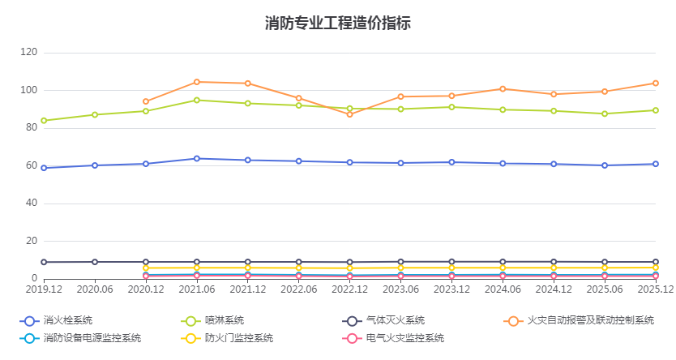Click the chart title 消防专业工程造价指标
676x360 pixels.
pos(337,23)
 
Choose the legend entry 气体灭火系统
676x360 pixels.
pos(395,320)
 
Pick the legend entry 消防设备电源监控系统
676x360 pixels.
pos(92,338)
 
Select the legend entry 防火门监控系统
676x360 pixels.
pos(238,338)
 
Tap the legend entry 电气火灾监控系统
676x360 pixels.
pos(404,338)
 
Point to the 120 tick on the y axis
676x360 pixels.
pos(29,53)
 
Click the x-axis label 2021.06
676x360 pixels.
pos(197,289)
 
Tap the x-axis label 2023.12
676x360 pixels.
pos(451,289)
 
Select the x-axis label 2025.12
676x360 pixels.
pos(655,289)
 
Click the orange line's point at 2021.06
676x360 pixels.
pos(197,82)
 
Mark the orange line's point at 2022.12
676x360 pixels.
pos(350,114)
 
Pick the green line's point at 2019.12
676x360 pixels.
pos(44,121)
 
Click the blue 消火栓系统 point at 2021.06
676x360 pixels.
pos(197,158)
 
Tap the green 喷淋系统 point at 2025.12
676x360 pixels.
pos(656,110)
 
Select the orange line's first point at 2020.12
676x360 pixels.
pos(146,101)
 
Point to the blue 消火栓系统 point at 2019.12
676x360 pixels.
pos(44,168)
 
